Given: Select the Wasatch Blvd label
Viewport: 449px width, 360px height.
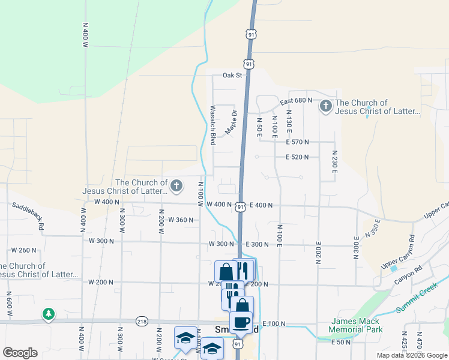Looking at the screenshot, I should click(212, 125).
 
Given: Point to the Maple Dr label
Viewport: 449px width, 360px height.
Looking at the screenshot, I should click(231, 122).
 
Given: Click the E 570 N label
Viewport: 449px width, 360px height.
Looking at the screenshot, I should click(297, 142).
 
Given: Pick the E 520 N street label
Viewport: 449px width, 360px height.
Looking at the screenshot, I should click(297, 157).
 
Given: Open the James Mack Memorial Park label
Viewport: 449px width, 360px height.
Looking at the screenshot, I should click(357, 325).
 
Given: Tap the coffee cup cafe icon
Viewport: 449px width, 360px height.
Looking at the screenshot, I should click(241, 322).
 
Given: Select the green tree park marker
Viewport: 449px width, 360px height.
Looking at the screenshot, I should click(49, 314).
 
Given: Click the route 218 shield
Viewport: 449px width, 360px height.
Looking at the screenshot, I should click(142, 321).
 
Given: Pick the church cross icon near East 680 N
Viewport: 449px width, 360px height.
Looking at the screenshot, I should click(326, 107).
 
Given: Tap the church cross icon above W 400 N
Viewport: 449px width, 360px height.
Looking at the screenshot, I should click(176, 186).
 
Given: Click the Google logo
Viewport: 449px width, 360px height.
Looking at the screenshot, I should click(20, 352).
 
